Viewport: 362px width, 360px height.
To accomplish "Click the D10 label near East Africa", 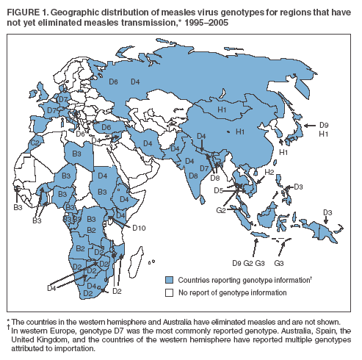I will pos(139,228).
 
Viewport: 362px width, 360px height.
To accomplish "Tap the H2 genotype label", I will pos(269,172).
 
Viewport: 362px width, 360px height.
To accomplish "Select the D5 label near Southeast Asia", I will pos(219,190).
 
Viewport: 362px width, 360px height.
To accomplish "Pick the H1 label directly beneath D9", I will pos(325,134).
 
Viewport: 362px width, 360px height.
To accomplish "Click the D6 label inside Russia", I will pos(113,82).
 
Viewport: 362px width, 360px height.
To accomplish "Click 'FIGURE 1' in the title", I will pos(26,8).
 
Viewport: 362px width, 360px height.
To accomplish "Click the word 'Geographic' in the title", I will pos(82,8).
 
